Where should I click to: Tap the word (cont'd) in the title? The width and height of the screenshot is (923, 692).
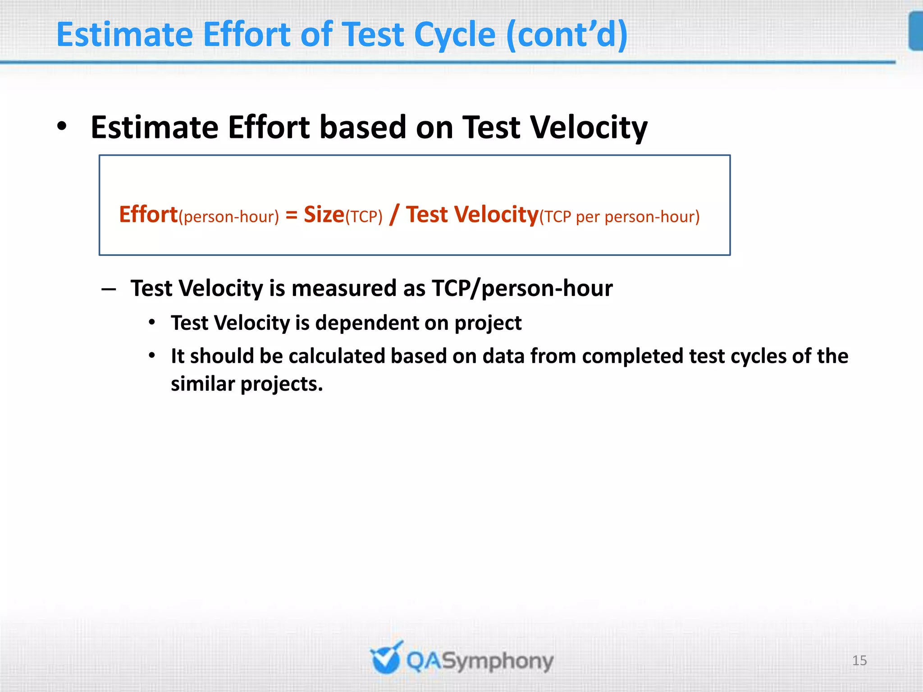567,35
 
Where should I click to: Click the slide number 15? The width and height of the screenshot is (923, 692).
859,660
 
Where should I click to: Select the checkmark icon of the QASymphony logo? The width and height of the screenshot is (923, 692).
386,659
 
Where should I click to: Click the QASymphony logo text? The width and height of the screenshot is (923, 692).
480,661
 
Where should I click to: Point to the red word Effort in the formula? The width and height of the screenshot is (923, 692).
148,214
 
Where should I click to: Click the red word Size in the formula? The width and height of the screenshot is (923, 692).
324,214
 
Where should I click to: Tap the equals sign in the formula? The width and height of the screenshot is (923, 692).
291,215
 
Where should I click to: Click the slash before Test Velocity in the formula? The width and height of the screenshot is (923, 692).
394,214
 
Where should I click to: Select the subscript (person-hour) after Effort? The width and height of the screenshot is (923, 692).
229,217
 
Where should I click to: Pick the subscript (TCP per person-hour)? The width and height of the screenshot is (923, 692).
619,217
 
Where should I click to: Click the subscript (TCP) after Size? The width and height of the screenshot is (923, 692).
364,217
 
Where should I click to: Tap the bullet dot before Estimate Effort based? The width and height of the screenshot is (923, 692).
62,127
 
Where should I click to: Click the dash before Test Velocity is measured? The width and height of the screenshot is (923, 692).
109,289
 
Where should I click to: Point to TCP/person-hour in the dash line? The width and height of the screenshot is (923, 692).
522,289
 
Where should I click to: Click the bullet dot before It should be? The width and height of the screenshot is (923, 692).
152,356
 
